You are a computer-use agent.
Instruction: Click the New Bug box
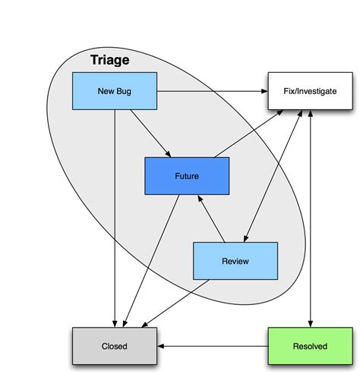(x=114, y=91)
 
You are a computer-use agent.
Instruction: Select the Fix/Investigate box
(x=311, y=91)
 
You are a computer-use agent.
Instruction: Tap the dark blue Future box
(x=187, y=176)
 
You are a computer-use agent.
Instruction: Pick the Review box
(x=235, y=261)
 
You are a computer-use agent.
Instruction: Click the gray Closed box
(x=114, y=346)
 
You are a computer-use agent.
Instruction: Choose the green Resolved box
(x=310, y=346)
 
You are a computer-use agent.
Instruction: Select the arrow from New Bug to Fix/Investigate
(x=213, y=91)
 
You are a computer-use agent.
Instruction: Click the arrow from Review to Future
(x=212, y=219)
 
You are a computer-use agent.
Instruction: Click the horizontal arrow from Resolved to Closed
(x=213, y=346)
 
